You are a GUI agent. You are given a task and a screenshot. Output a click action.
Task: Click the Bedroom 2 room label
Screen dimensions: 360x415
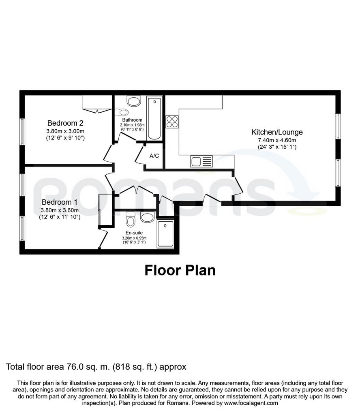tap(65, 123)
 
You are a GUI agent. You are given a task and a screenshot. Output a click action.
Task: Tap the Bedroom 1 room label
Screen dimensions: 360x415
tap(60, 202)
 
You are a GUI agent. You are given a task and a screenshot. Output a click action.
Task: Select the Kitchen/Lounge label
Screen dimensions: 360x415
tap(277, 132)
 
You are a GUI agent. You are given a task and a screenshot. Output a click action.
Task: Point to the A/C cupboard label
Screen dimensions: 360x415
tap(154, 156)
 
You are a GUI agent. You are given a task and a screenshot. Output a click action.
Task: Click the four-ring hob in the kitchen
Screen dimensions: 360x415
tap(172, 122)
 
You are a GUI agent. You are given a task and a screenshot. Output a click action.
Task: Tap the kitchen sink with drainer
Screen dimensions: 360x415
tap(201, 161)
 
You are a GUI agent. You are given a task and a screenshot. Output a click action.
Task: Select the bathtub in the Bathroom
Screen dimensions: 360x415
tap(154, 118)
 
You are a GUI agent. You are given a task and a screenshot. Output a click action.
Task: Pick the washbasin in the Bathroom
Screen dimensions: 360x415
tap(134, 101)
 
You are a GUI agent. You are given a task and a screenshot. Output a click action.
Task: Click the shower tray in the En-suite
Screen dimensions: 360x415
tap(165, 234)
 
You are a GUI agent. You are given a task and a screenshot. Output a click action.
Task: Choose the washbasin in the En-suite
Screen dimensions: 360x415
tap(148, 217)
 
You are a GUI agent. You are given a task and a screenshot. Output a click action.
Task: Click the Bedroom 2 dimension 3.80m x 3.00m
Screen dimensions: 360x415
tap(65, 131)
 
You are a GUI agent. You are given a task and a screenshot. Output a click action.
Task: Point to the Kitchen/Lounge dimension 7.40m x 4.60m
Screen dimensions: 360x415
tap(277, 140)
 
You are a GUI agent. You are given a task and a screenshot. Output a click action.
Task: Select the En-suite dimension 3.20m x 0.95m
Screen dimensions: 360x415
tap(134, 238)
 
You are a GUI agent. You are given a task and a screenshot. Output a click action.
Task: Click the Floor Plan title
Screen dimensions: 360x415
tap(180, 270)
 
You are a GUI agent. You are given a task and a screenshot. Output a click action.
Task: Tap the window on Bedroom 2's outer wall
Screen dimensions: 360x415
tap(23, 132)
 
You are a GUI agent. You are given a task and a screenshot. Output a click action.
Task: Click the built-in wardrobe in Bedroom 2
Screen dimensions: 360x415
tap(97, 104)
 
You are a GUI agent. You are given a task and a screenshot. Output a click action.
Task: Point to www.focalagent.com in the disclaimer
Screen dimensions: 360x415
tap(251, 403)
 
